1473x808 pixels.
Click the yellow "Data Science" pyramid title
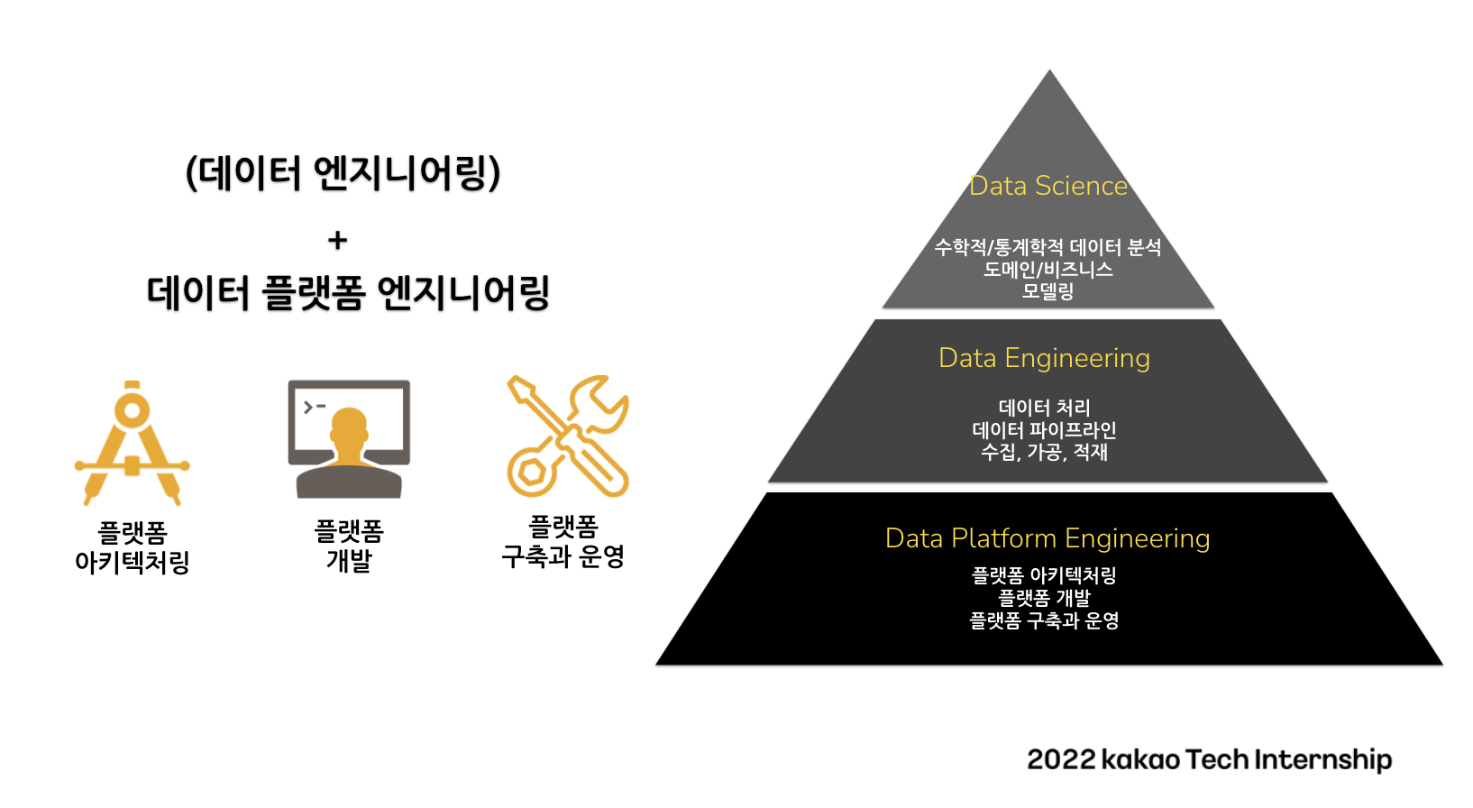(x=1048, y=186)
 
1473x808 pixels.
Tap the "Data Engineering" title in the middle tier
(x=1044, y=359)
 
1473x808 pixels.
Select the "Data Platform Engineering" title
(x=1048, y=538)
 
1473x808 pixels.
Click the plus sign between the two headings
(x=337, y=240)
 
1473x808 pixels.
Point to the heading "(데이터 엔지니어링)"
(x=343, y=174)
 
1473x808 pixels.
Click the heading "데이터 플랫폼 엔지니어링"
(x=348, y=293)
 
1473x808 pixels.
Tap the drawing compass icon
(x=133, y=443)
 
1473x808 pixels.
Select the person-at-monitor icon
(x=349, y=439)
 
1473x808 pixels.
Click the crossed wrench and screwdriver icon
(x=568, y=436)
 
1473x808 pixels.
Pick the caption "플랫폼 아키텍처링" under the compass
(x=133, y=547)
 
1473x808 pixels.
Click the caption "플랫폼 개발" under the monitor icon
(x=349, y=546)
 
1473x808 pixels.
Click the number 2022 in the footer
(x=1061, y=760)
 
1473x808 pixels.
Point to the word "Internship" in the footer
(x=1323, y=760)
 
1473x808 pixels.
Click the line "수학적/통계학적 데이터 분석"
(x=1048, y=247)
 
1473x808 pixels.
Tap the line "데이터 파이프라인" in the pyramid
(x=1044, y=430)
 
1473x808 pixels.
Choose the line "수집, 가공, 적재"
(x=1044, y=453)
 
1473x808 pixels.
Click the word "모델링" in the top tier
(x=1048, y=291)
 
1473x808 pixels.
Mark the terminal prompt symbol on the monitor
(x=314, y=408)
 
